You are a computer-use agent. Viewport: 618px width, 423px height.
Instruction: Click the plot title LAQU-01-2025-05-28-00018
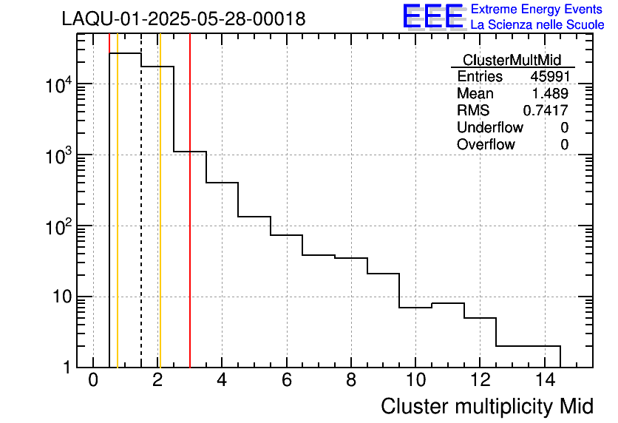[183, 19]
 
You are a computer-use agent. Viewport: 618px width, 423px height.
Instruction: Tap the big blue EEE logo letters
[433, 16]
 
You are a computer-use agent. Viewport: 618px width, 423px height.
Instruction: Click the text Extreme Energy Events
[537, 10]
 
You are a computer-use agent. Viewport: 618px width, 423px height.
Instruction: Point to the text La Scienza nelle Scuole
[537, 25]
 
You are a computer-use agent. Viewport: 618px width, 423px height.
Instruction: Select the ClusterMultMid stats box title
[512, 60]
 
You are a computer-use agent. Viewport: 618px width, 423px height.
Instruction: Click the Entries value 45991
[549, 77]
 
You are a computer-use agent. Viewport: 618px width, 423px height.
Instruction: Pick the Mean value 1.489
[551, 94]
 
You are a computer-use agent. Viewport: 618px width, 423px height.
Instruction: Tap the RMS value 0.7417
[546, 111]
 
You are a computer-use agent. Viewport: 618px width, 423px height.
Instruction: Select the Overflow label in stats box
[486, 145]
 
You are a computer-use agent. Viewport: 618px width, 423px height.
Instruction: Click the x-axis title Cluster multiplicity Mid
[486, 406]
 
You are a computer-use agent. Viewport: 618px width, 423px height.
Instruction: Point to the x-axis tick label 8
[351, 381]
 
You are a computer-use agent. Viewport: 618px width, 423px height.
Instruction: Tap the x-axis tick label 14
[544, 381]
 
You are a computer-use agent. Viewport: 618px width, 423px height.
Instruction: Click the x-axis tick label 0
[93, 381]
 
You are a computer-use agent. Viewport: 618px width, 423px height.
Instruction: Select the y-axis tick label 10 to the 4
[58, 86]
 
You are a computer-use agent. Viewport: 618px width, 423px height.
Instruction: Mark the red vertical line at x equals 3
[190, 222]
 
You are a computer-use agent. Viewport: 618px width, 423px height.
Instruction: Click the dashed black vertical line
[141, 222]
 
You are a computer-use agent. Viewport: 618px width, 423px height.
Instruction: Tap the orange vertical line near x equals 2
[160, 222]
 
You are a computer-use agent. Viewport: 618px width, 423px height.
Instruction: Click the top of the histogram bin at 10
[415, 308]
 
